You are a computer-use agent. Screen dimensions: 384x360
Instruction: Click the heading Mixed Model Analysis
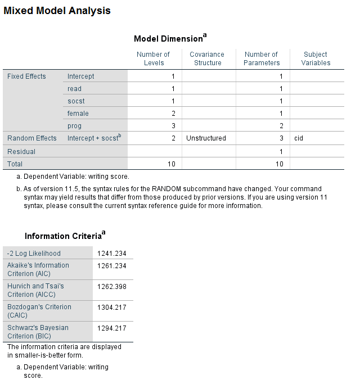coord(57,11)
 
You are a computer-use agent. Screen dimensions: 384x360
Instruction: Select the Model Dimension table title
coord(170,38)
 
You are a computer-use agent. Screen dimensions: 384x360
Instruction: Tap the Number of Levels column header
coord(154,58)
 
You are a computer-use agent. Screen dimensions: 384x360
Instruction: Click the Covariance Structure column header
coord(208,58)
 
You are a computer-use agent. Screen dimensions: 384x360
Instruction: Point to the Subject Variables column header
coord(316,58)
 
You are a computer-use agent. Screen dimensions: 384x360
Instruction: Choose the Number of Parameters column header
coord(262,58)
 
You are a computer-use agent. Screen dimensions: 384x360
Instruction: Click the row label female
coord(78,114)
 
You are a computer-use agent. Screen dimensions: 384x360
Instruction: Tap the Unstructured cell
coord(206,138)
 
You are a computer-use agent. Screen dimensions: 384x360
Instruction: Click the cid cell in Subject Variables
coord(299,138)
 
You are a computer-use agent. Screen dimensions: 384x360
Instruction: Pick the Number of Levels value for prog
coord(173,126)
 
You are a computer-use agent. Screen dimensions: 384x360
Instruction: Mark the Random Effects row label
coord(31,138)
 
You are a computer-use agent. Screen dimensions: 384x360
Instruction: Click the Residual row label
coord(21,152)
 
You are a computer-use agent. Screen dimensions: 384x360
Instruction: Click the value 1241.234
coord(112,254)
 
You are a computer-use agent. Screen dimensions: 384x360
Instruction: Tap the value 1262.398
coord(112,287)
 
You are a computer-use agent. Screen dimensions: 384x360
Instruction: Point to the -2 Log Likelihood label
coord(34,254)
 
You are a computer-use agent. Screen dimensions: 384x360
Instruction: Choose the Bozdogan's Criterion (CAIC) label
coord(39,311)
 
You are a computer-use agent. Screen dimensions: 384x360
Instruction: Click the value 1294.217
coord(112,328)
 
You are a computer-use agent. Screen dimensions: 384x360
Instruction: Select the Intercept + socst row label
coord(93,138)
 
